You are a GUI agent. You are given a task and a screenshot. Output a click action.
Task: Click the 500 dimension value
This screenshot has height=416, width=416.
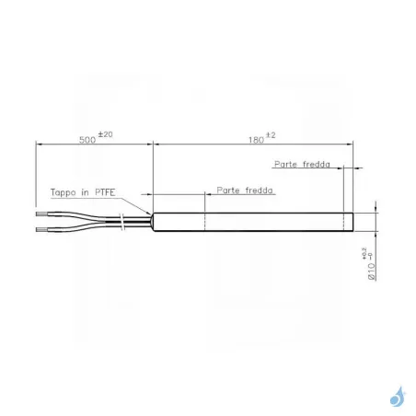(86, 140)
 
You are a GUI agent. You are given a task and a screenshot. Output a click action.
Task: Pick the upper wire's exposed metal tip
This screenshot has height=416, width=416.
(40, 214)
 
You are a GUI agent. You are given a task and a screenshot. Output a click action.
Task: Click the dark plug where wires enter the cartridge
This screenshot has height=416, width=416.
(148, 221)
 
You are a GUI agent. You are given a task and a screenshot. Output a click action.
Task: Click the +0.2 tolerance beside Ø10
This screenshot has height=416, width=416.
(365, 251)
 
